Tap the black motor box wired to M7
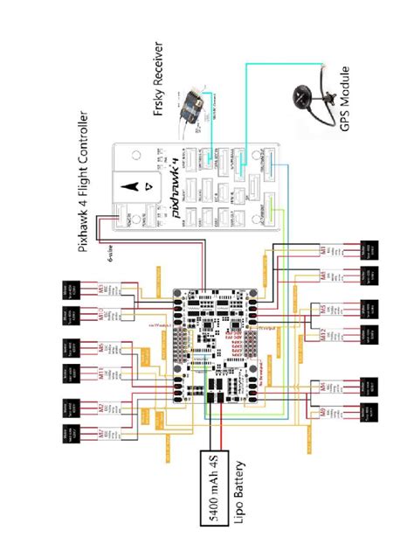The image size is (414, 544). tap(67, 435)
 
